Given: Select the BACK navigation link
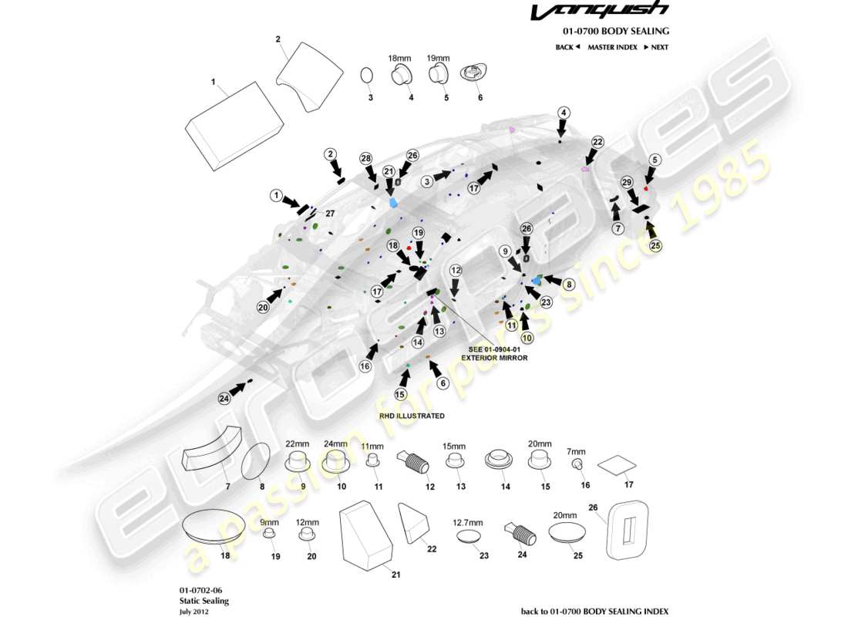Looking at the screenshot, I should (567, 47).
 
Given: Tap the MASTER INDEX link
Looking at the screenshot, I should (612, 47).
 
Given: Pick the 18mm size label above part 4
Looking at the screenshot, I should (400, 58).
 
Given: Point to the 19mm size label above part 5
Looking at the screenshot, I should (438, 58).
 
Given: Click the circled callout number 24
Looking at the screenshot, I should (224, 399).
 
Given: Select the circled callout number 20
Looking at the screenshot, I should (263, 307).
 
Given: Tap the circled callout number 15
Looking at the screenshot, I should (400, 394).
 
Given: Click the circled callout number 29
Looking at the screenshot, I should (627, 182).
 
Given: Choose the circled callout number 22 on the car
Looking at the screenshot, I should (597, 142).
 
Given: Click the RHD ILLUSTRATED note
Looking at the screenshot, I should (412, 416).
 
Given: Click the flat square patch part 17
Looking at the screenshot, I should (618, 465).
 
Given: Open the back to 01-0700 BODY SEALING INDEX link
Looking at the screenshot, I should (594, 611).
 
